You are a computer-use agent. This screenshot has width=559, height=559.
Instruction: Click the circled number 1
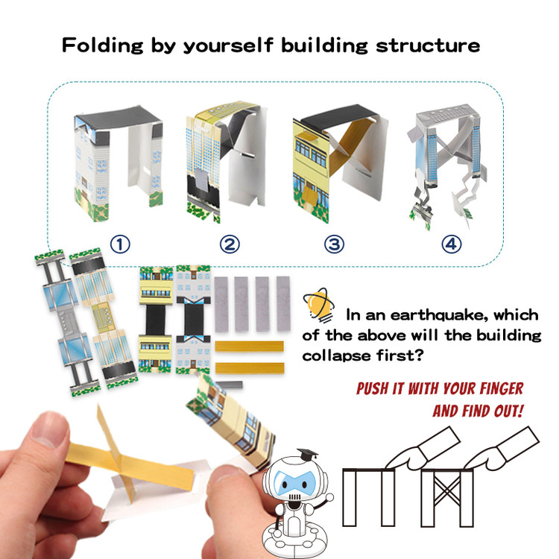[x=120, y=244]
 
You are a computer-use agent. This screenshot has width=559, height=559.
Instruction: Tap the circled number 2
[x=230, y=244]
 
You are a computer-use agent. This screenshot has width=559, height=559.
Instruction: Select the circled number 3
[x=334, y=244]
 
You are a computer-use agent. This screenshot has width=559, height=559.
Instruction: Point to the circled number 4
[x=452, y=244]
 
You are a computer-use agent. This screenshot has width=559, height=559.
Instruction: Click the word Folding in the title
[x=102, y=45]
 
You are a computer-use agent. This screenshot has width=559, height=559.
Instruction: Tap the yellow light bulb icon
[x=318, y=305]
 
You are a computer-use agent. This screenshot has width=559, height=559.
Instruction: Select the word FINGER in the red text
[x=502, y=388]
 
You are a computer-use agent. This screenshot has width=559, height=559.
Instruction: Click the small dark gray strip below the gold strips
[x=230, y=385]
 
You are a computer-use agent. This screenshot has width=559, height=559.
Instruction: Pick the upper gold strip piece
[x=249, y=346]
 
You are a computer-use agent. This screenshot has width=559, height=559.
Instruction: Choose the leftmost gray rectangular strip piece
[x=221, y=304]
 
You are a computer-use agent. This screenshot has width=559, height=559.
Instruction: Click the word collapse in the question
[x=336, y=356]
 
